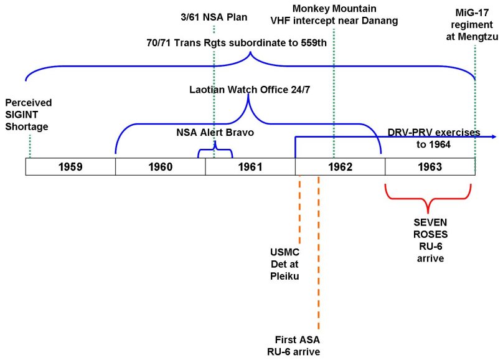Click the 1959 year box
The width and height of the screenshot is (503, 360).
click(x=70, y=167)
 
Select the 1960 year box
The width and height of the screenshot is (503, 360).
click(x=160, y=167)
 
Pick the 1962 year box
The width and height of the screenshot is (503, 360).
click(x=340, y=167)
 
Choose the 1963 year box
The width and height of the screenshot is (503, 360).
click(x=430, y=167)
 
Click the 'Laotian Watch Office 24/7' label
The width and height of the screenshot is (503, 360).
click(x=250, y=90)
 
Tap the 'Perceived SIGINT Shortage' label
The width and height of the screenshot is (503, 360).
click(x=29, y=114)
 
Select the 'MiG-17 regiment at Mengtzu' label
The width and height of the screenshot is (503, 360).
click(x=477, y=26)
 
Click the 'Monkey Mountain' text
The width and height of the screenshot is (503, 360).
click(x=336, y=9)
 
